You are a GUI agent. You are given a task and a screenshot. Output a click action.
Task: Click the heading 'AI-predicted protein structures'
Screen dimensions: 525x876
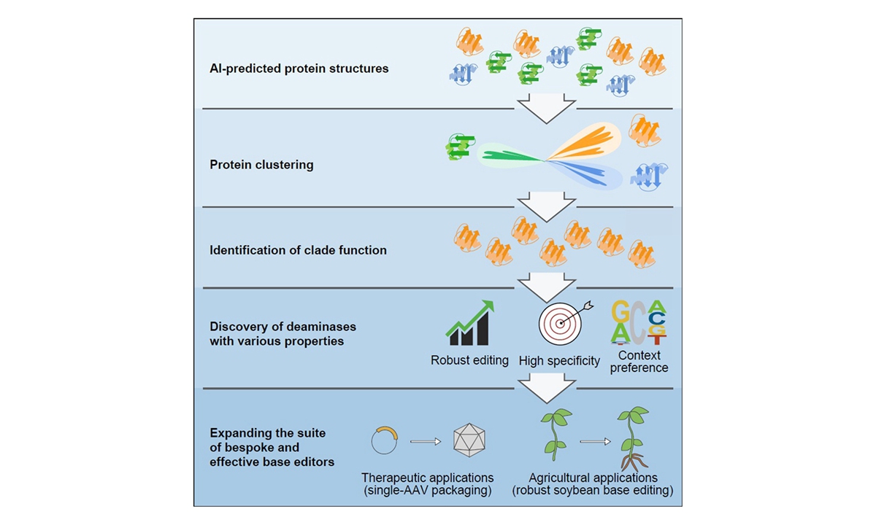click(299, 69)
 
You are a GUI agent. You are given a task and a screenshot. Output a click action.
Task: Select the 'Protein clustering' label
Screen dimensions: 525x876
click(261, 165)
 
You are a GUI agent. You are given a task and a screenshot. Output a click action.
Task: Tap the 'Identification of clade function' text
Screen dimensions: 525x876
click(298, 250)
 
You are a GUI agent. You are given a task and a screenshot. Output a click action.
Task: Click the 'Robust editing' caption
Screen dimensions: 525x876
click(469, 360)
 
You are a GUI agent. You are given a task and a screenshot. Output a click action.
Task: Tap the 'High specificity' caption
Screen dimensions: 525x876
click(559, 360)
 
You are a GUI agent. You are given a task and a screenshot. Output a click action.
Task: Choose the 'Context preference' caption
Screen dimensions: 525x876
click(639, 362)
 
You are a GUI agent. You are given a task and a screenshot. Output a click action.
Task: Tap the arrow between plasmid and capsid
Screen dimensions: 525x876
click(426, 440)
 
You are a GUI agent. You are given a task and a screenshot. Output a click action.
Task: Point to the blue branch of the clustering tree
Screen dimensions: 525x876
click(584, 173)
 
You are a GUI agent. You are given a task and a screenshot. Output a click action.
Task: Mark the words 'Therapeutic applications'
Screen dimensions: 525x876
click(427, 478)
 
